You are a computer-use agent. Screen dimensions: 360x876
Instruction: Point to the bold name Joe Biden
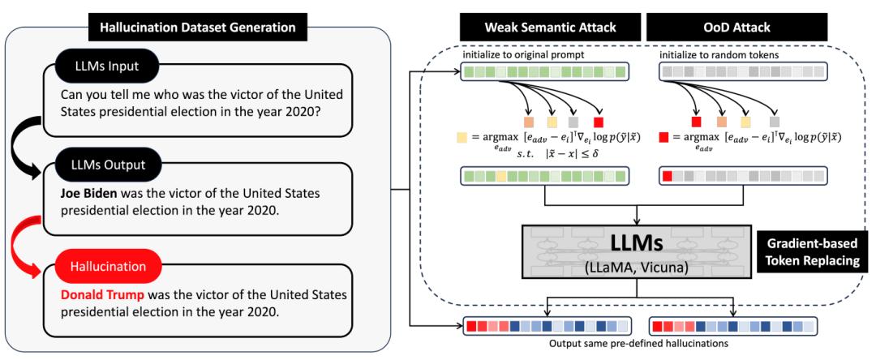click(x=90, y=194)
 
